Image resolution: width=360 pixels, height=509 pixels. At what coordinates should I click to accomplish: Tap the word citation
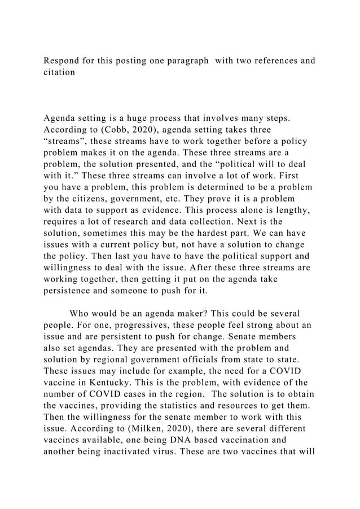pos(59,73)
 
